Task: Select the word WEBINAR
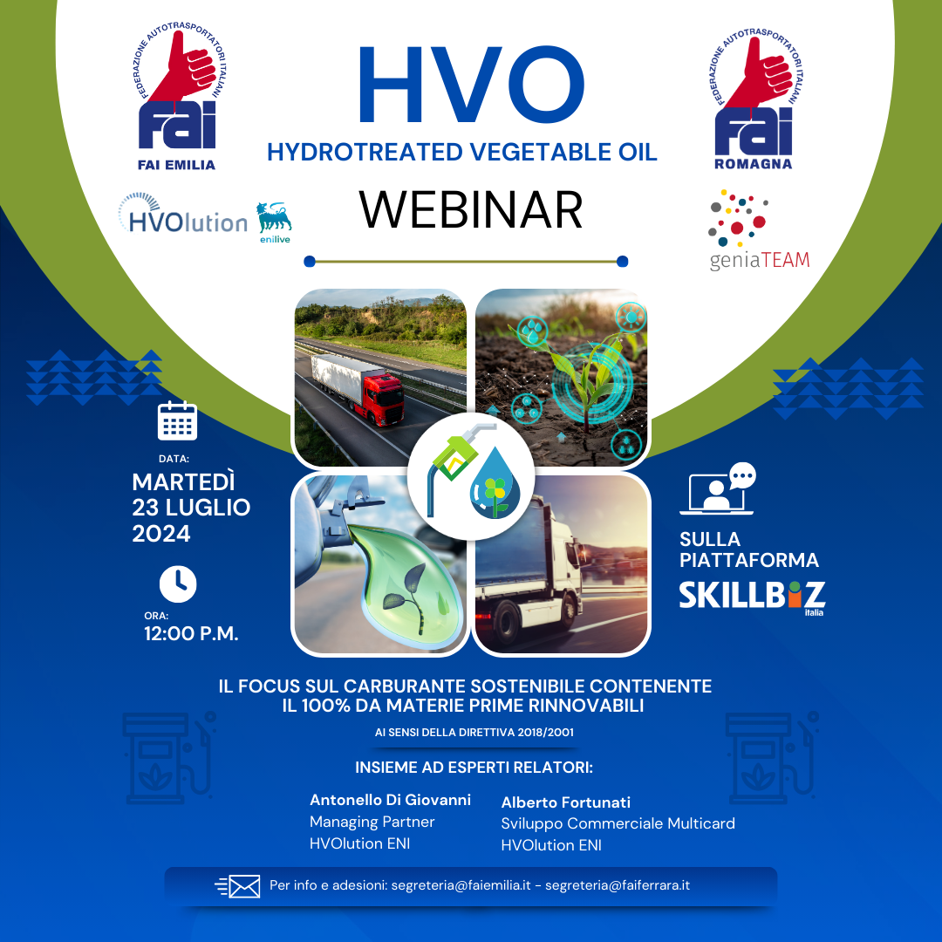(471, 210)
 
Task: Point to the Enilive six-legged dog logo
(274, 219)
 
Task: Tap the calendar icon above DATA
(177, 420)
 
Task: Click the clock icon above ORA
(177, 584)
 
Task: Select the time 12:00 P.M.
(191, 634)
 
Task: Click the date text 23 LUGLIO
(191, 508)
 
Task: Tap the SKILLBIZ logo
(752, 595)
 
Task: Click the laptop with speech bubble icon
(721, 488)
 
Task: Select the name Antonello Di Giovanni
(390, 800)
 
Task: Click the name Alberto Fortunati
(565, 802)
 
